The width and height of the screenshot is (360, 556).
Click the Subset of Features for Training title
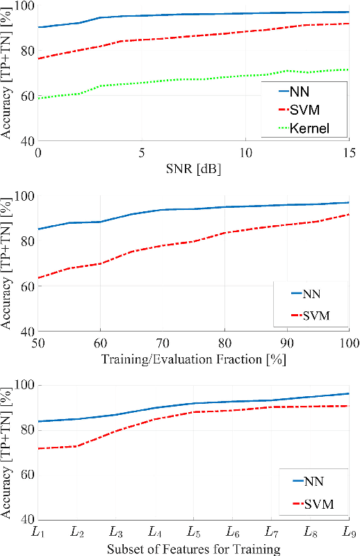pyautogui.click(x=194, y=549)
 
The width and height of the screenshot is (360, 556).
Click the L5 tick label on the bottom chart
pyautogui.click(x=194, y=532)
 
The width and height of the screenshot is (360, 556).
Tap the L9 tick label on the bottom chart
pyautogui.click(x=348, y=532)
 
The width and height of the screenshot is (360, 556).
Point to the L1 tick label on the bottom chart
pyautogui.click(x=40, y=532)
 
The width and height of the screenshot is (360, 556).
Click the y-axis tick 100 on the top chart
pyautogui.click(x=22, y=6)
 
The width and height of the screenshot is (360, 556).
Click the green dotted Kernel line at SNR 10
pyautogui.click(x=245, y=76)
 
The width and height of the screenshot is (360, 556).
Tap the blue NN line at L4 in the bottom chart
pyautogui.click(x=156, y=408)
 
